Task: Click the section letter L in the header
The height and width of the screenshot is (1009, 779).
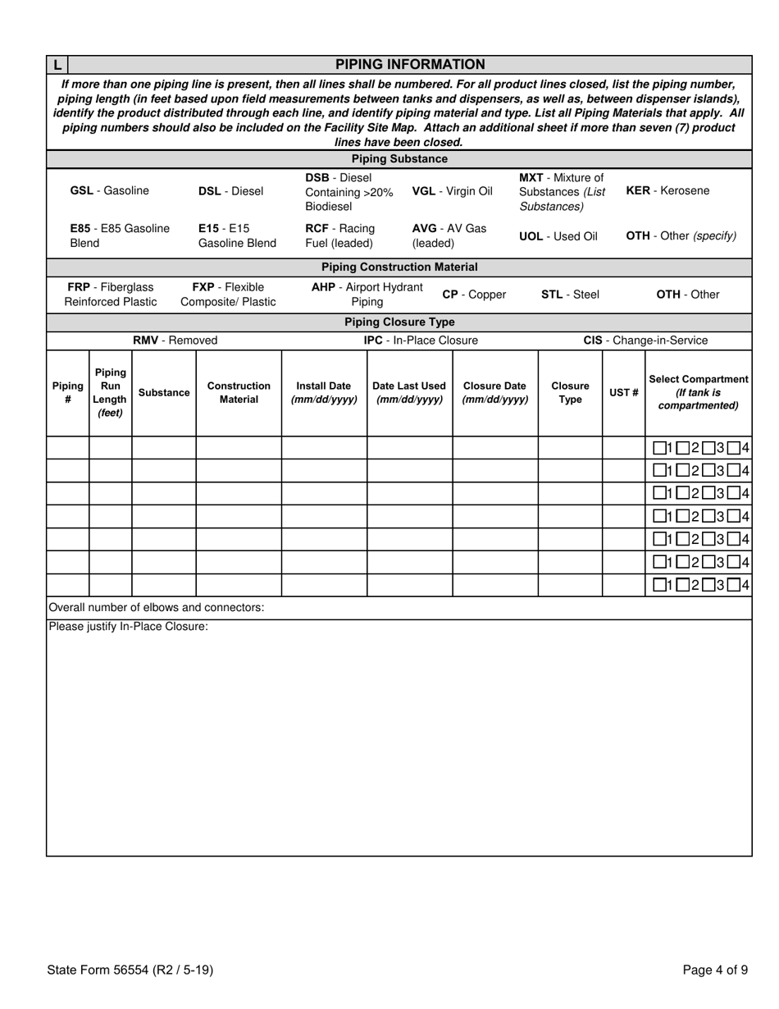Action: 57,65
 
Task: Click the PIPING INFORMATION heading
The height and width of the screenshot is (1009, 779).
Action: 410,64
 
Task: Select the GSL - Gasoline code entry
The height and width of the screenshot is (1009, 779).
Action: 110,191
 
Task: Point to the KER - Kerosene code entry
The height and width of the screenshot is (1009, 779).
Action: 667,191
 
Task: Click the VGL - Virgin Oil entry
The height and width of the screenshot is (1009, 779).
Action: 452,191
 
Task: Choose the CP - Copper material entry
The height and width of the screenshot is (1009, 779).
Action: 474,294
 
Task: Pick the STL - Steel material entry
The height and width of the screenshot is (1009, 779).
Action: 570,294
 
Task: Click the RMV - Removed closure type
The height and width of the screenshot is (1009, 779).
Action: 175,340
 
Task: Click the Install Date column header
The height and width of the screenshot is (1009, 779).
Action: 324,393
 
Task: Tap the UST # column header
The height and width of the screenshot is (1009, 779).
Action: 623,393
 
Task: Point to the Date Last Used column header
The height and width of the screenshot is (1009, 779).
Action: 409,393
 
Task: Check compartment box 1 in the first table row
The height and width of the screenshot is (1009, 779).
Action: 659,448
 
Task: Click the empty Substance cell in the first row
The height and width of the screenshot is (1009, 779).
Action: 164,448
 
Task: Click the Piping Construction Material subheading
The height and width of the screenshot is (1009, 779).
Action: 399,267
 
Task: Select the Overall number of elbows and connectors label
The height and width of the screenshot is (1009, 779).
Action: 157,608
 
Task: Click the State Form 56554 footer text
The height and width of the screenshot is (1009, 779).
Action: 130,970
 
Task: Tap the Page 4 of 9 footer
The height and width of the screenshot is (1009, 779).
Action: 715,970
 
